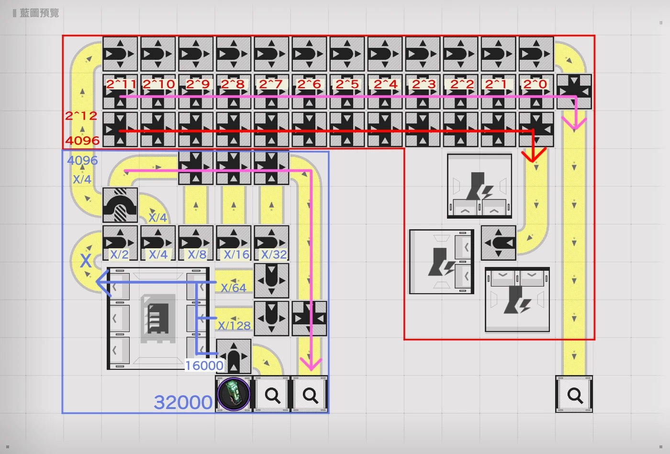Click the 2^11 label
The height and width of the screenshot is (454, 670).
point(121,84)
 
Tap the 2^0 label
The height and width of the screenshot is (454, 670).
point(535,84)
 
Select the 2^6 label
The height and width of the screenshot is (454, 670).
point(309,84)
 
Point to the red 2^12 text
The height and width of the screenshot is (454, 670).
point(81,116)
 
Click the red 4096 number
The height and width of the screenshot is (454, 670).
point(82,140)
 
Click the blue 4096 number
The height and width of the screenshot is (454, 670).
point(82,161)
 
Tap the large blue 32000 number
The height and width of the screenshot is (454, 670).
point(183,402)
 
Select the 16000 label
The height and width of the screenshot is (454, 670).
point(204,365)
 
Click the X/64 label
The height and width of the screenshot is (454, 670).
point(234,288)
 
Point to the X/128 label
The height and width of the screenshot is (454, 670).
point(234,326)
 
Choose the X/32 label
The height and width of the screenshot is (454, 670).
point(274,255)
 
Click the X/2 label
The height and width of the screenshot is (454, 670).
point(119,255)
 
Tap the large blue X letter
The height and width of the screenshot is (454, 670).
point(86,261)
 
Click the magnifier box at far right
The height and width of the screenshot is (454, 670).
point(574,395)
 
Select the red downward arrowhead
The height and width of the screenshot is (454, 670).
point(534,155)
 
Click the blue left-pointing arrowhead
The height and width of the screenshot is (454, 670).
point(103,282)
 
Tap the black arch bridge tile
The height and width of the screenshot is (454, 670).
point(120,205)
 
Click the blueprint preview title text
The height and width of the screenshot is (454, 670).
point(39,13)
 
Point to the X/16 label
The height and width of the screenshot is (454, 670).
point(236,255)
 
